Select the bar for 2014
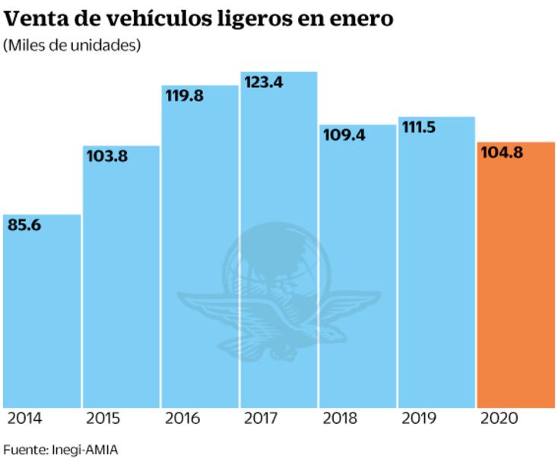42,311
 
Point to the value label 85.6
25,225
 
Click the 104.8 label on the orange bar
502,153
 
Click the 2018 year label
338,418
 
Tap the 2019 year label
417,418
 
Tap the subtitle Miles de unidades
72,46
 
